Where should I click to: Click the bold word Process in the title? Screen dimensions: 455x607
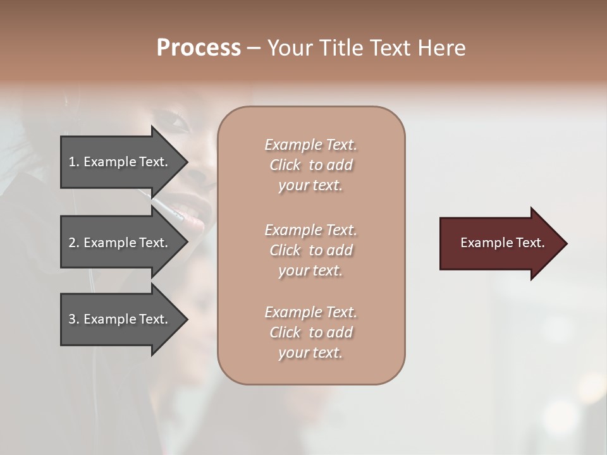tap(199, 48)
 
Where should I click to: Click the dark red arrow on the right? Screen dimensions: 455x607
tap(500, 243)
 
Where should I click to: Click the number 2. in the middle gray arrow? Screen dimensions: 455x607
tap(74, 243)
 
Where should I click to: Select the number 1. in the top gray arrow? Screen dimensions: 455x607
tap(74, 162)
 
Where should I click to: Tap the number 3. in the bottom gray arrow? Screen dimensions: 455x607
tap(74, 319)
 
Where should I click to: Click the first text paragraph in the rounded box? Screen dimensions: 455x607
tap(310, 165)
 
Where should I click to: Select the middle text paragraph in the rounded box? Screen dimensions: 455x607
tap(310, 250)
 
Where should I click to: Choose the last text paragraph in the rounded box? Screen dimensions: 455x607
tap(310, 332)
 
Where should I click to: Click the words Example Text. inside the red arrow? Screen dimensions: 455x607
tap(502, 243)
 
